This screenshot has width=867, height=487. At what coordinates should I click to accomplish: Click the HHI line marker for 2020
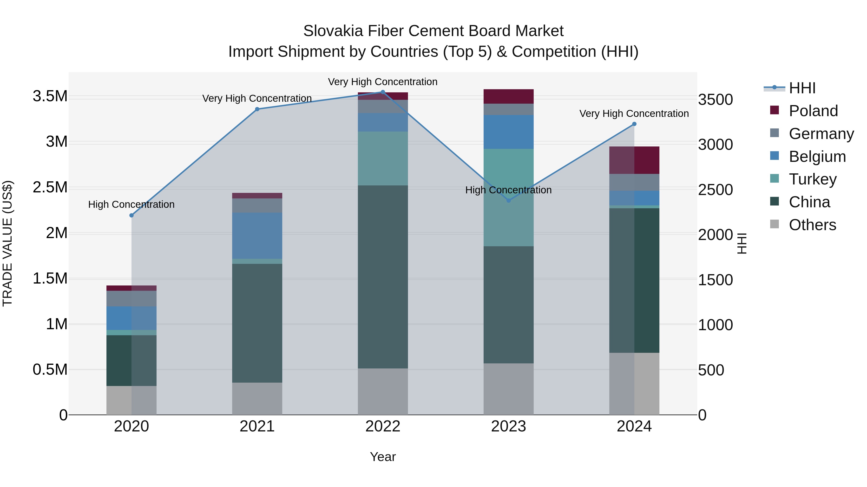(x=131, y=215)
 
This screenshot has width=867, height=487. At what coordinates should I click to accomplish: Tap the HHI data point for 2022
(x=383, y=92)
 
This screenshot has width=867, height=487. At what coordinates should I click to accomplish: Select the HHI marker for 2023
(x=509, y=201)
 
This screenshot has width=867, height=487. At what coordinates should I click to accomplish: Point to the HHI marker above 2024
(x=634, y=124)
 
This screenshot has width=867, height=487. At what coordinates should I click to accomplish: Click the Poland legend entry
(x=813, y=111)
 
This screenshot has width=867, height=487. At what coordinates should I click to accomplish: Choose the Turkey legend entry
(x=813, y=179)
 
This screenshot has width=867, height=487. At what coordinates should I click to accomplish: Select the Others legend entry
(x=812, y=225)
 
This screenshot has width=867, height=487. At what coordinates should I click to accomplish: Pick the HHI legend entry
(x=802, y=88)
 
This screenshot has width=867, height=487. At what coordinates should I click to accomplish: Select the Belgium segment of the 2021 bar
(x=257, y=236)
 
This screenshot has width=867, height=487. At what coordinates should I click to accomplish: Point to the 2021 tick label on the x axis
(x=257, y=426)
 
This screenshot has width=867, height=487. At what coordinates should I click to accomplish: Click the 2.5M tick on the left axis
(x=50, y=187)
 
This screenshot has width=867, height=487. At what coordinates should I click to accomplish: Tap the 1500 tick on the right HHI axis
(x=715, y=280)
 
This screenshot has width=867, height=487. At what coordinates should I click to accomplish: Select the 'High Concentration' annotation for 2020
(x=131, y=204)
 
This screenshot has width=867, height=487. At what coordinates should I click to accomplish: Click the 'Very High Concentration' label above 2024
(x=634, y=114)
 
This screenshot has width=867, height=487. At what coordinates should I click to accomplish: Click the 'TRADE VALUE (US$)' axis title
(x=7, y=243)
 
